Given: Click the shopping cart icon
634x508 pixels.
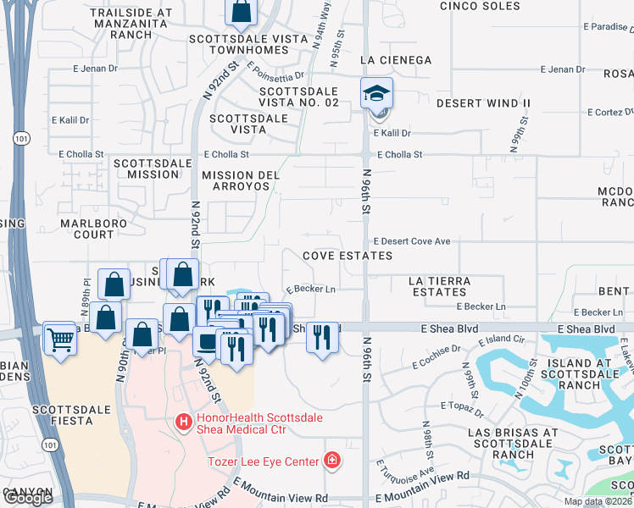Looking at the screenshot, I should [59, 339].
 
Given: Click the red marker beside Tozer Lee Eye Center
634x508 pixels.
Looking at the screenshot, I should [333, 461].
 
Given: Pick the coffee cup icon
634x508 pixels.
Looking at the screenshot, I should [208, 342].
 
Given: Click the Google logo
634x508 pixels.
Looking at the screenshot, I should [28, 498].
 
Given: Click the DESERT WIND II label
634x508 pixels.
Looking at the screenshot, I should [483, 103].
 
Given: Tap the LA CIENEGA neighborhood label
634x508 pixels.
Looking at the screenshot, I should [396, 60].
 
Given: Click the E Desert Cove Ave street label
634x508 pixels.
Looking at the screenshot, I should [411, 241].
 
